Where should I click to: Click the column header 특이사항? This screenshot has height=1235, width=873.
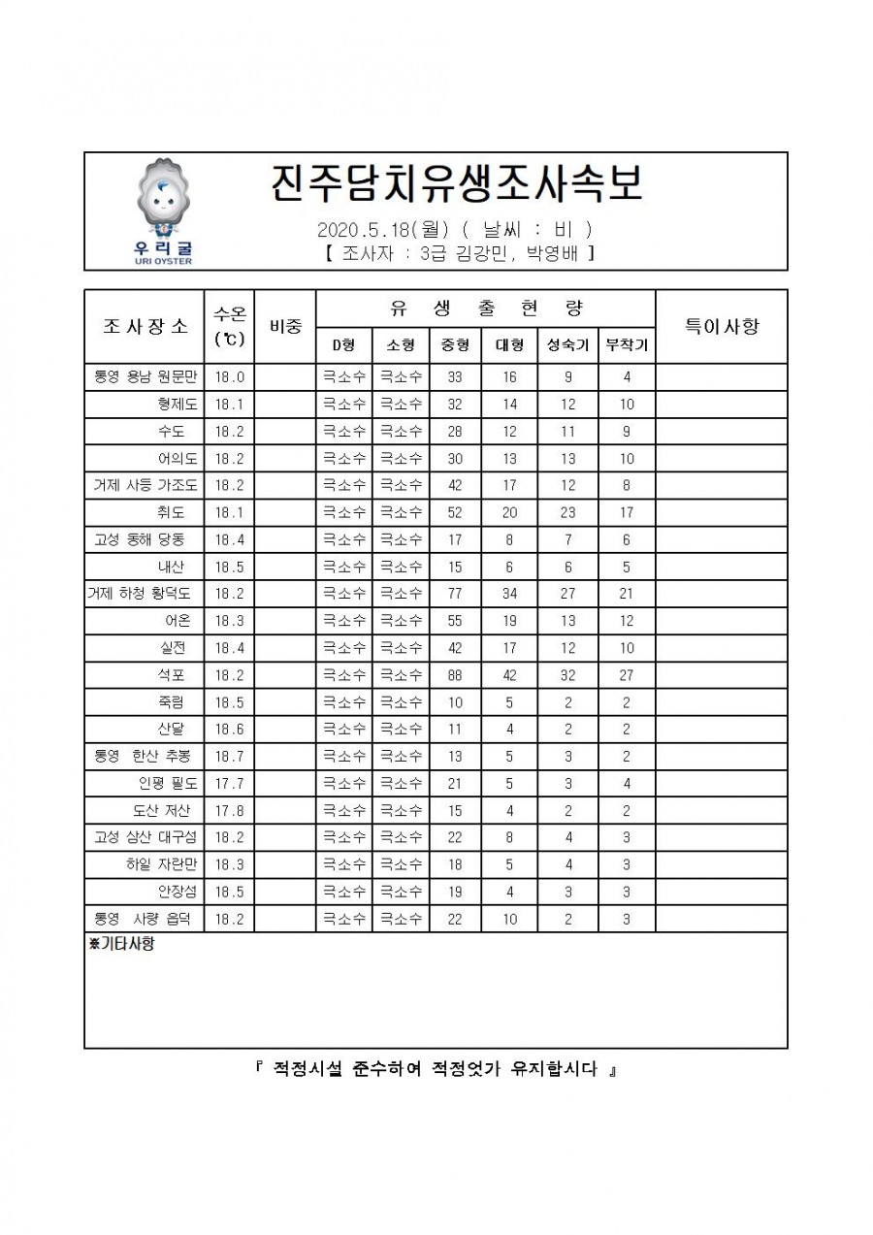click(x=721, y=326)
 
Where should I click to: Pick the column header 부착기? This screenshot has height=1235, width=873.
click(x=626, y=345)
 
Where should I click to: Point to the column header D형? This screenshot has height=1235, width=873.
click(x=343, y=345)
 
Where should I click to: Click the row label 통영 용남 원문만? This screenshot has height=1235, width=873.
click(x=145, y=377)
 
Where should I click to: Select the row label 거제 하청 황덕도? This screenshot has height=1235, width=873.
click(x=143, y=593)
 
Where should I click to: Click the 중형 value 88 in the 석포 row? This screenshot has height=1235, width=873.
click(x=454, y=674)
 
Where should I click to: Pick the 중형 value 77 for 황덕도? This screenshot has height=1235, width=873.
click(x=454, y=593)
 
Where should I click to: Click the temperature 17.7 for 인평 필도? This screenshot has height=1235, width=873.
click(x=229, y=783)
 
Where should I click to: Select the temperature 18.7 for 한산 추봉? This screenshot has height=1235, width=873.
click(x=229, y=756)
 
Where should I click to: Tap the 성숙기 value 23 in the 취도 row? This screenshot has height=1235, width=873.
click(x=567, y=512)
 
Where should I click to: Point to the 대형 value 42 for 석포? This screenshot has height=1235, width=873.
click(x=509, y=674)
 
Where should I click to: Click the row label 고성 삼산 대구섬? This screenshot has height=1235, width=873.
click(x=145, y=837)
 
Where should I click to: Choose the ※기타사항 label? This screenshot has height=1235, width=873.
click(x=121, y=944)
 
